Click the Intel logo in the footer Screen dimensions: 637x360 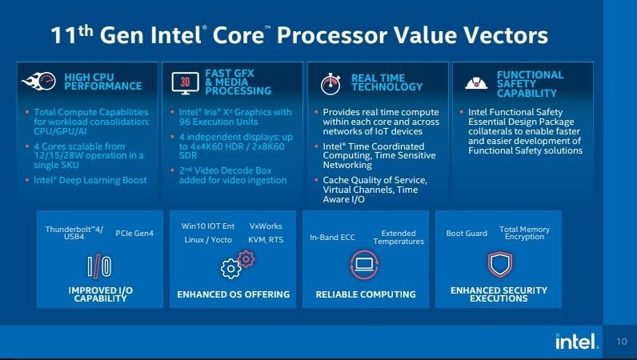tap(577, 342)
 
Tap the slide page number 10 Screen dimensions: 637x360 tap(622, 342)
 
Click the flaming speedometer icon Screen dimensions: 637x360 tap(39, 81)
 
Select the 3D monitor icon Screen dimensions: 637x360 tap(185, 83)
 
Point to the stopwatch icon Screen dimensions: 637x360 tap(331, 84)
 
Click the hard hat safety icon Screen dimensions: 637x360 tap(476, 83)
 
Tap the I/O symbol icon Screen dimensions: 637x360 tap(99, 266)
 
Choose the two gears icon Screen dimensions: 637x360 tap(238, 265)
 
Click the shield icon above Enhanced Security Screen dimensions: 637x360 tap(499, 264)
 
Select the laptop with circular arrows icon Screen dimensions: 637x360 tap(364, 265)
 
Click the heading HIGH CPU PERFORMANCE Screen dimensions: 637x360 tap(102, 82)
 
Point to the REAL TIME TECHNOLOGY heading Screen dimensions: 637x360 tap(387, 82)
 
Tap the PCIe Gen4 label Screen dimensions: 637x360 tap(134, 234)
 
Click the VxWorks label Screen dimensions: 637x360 tap(266, 226)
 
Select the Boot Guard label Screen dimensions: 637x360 tap(467, 234)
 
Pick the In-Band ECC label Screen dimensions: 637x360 tap(332, 238)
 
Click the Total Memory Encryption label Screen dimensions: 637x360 tap(524, 233)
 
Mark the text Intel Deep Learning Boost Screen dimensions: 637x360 tap(90, 180)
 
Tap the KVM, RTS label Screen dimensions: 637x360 tap(266, 240)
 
